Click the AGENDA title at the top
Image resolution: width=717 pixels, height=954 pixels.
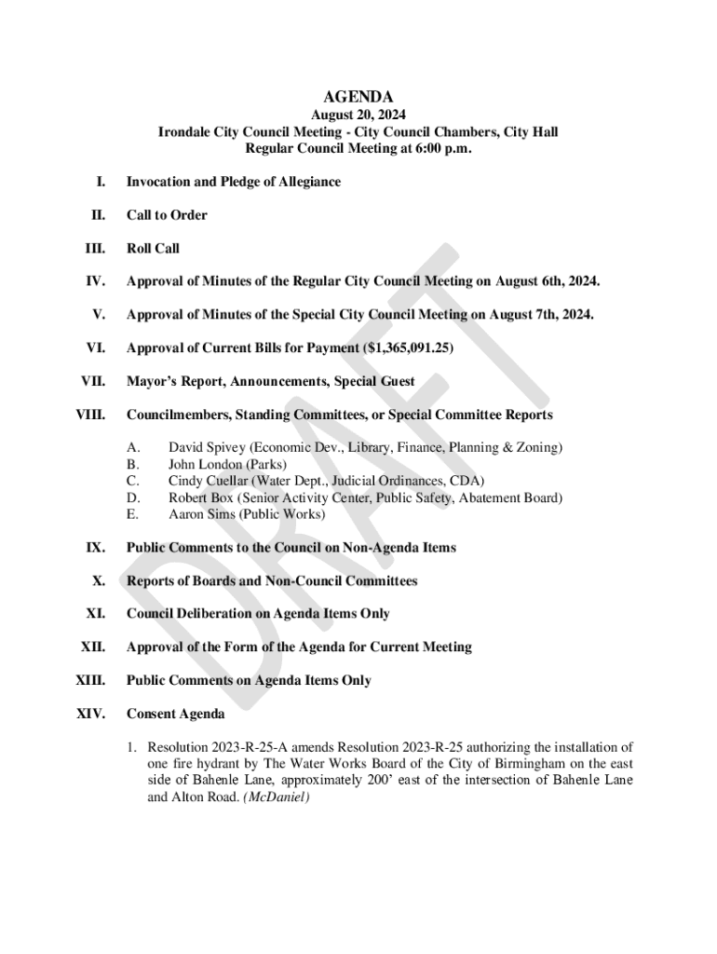[358, 97]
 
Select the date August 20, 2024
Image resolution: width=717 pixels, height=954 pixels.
[358, 116]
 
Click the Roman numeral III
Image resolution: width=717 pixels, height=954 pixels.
[94, 249]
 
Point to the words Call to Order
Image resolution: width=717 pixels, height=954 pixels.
[167, 215]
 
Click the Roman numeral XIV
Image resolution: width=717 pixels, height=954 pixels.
[90, 715]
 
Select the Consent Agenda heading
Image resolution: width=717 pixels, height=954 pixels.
[175, 715]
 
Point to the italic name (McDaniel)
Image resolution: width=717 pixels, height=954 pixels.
[276, 798]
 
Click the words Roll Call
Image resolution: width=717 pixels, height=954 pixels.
[153, 249]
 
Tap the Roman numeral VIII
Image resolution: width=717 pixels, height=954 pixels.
[89, 415]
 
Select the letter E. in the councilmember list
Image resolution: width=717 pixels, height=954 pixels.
[132, 514]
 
